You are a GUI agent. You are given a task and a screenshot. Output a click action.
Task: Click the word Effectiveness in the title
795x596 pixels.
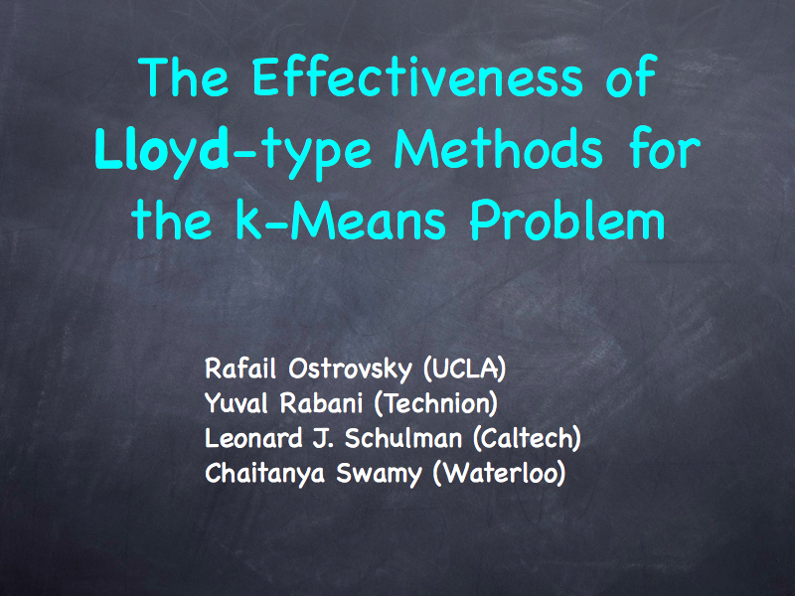(x=416, y=76)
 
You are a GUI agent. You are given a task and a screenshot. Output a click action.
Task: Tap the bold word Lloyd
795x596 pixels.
(x=162, y=150)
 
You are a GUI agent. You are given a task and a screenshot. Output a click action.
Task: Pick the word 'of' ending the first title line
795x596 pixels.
(x=631, y=76)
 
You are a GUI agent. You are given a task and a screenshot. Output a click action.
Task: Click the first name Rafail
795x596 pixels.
(x=240, y=369)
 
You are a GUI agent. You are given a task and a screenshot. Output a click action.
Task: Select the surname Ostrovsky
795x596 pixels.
(x=351, y=370)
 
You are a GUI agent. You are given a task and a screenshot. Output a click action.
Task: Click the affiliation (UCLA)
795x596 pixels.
(x=464, y=369)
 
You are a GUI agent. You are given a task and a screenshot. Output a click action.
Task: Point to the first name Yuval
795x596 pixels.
(x=236, y=403)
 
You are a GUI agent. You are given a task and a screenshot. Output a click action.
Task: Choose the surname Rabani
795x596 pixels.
(x=321, y=403)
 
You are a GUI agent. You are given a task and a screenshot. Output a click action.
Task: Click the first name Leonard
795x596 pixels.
(x=253, y=438)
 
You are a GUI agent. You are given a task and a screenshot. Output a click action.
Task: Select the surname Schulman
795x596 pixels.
(x=403, y=438)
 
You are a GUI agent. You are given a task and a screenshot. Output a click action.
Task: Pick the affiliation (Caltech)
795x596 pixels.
(x=527, y=439)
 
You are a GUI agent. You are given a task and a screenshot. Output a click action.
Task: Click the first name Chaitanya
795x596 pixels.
(x=264, y=475)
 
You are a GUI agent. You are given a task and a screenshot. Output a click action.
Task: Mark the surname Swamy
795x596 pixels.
(x=379, y=475)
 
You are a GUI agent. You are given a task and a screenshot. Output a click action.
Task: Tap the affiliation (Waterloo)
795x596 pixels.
(x=500, y=474)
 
